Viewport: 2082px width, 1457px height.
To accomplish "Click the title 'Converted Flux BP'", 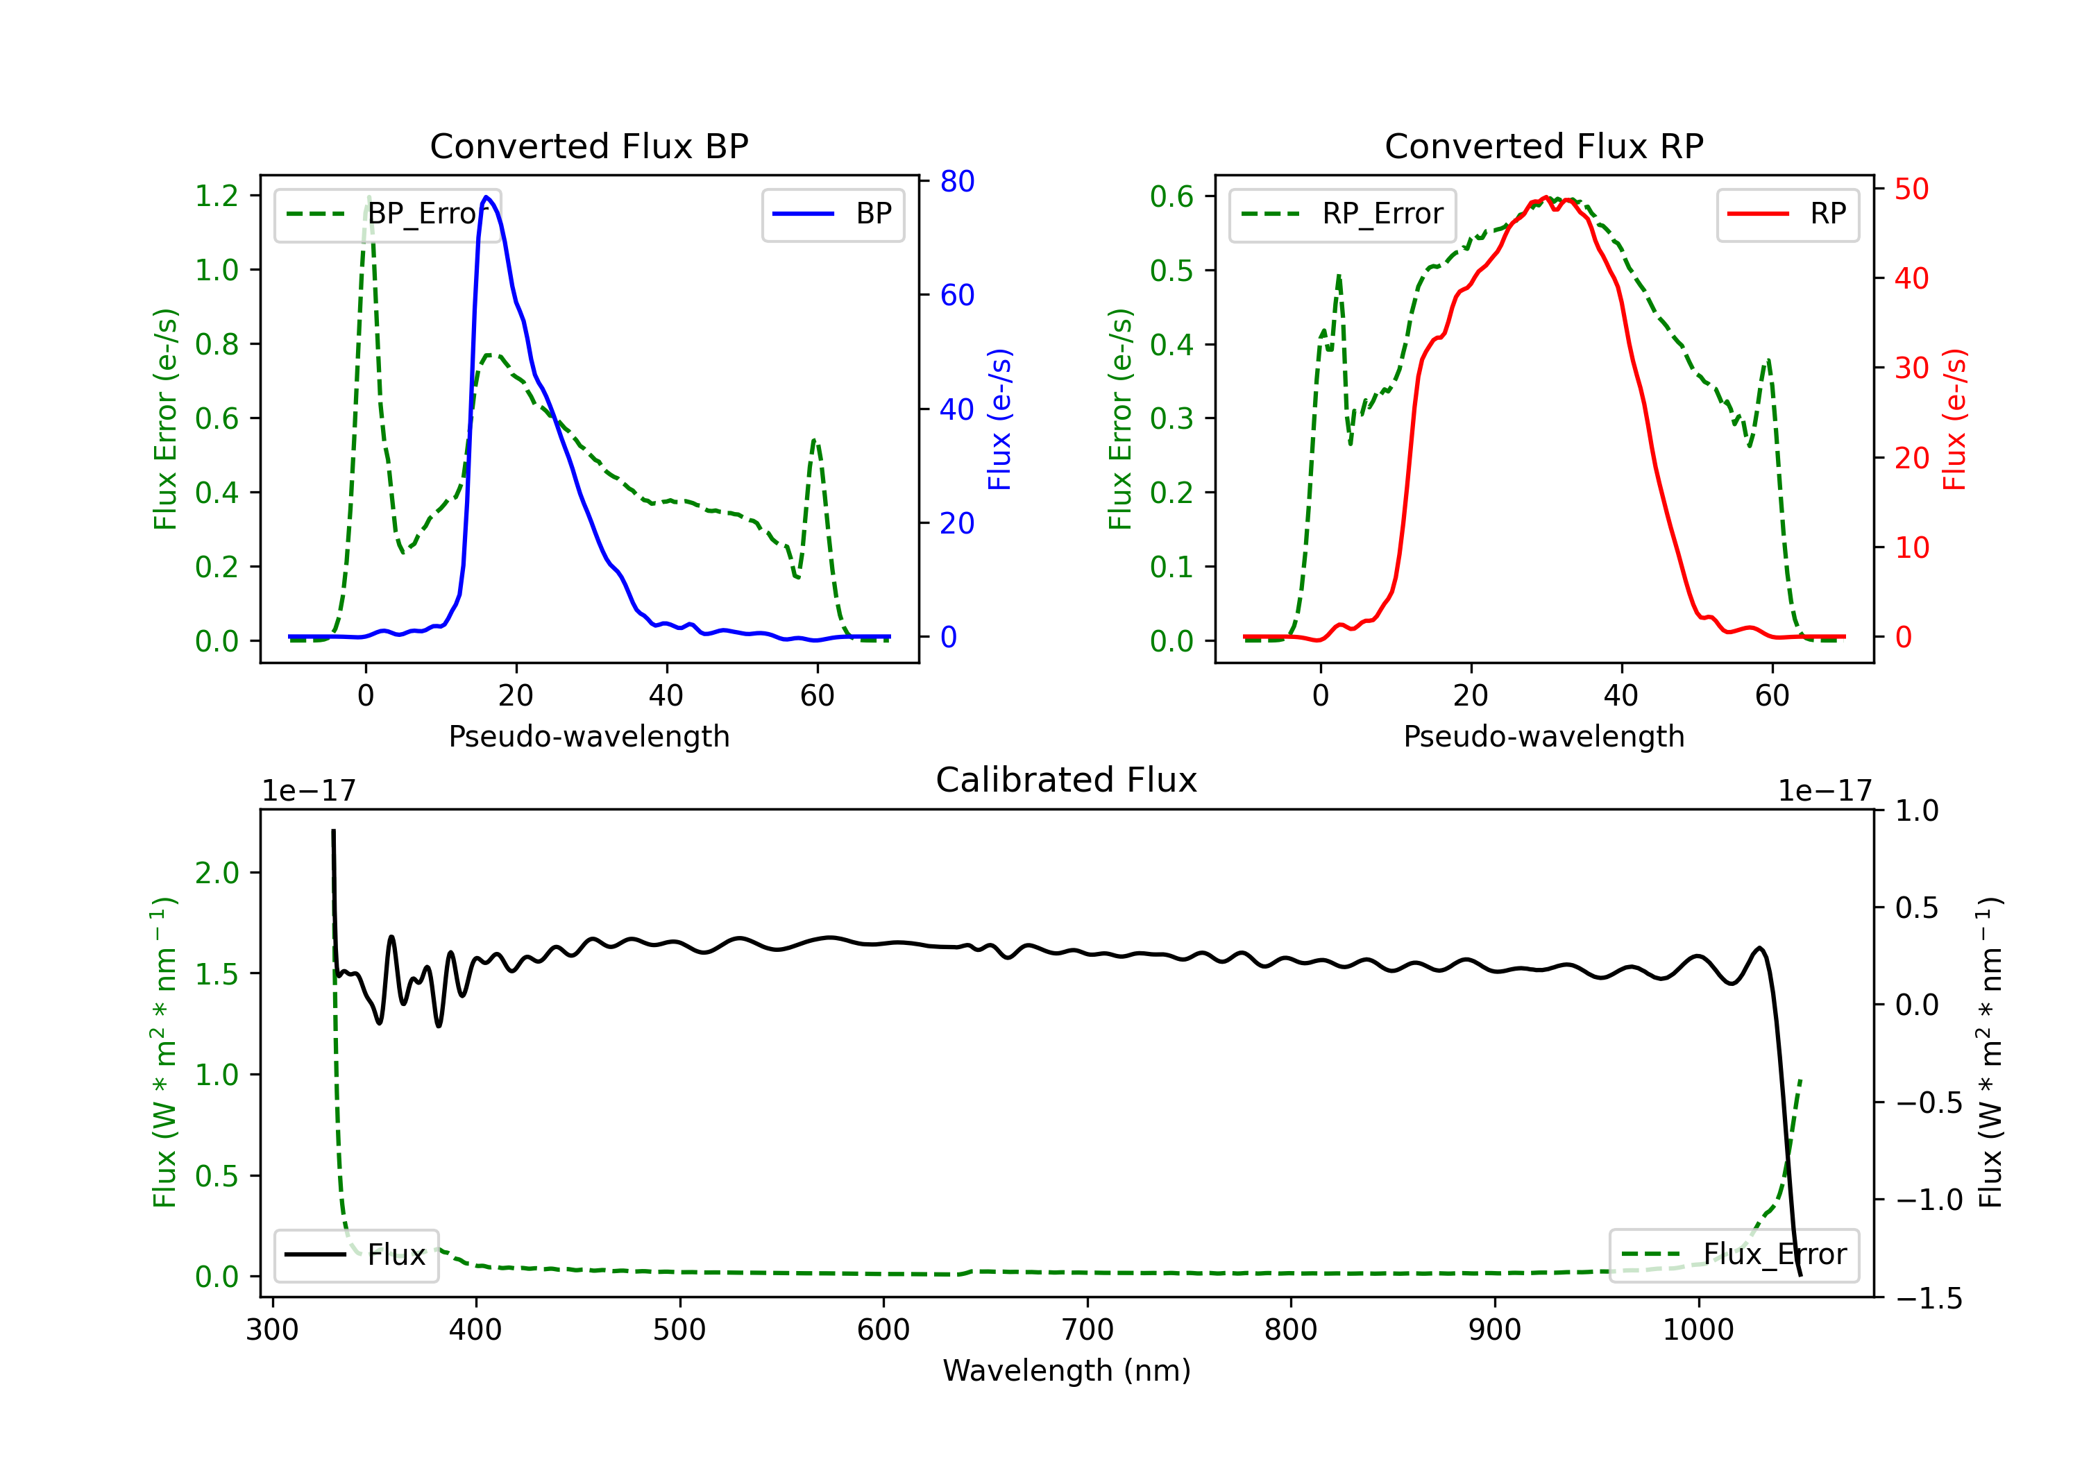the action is (x=589, y=146).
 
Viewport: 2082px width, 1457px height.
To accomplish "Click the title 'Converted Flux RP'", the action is (x=1543, y=146).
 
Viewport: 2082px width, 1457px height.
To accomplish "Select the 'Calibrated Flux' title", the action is (x=1067, y=780).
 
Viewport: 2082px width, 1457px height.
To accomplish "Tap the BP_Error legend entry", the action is (x=387, y=214).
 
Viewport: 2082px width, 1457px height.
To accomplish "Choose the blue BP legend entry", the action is (x=832, y=214).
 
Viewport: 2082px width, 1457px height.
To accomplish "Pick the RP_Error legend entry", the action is (x=1342, y=214).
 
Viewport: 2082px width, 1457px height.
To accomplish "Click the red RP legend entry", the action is (x=1787, y=214).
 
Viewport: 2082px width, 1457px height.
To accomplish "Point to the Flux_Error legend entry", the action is (x=1734, y=1255).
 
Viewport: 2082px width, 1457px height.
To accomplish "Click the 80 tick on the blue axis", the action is (x=956, y=181).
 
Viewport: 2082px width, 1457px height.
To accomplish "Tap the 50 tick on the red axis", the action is (x=1911, y=189).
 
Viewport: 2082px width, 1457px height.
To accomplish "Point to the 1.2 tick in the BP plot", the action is (x=217, y=196).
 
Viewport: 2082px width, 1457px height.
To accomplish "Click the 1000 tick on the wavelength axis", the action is (x=1698, y=1330).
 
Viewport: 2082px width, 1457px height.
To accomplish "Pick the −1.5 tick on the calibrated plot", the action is (x=1929, y=1298).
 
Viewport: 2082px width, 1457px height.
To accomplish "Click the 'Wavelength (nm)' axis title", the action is (x=1067, y=1371).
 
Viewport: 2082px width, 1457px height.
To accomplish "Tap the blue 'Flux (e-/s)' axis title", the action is (x=999, y=419).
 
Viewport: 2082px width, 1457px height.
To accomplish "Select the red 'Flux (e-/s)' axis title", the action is (x=1954, y=419).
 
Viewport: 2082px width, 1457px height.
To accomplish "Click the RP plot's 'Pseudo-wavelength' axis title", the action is (x=1543, y=736).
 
